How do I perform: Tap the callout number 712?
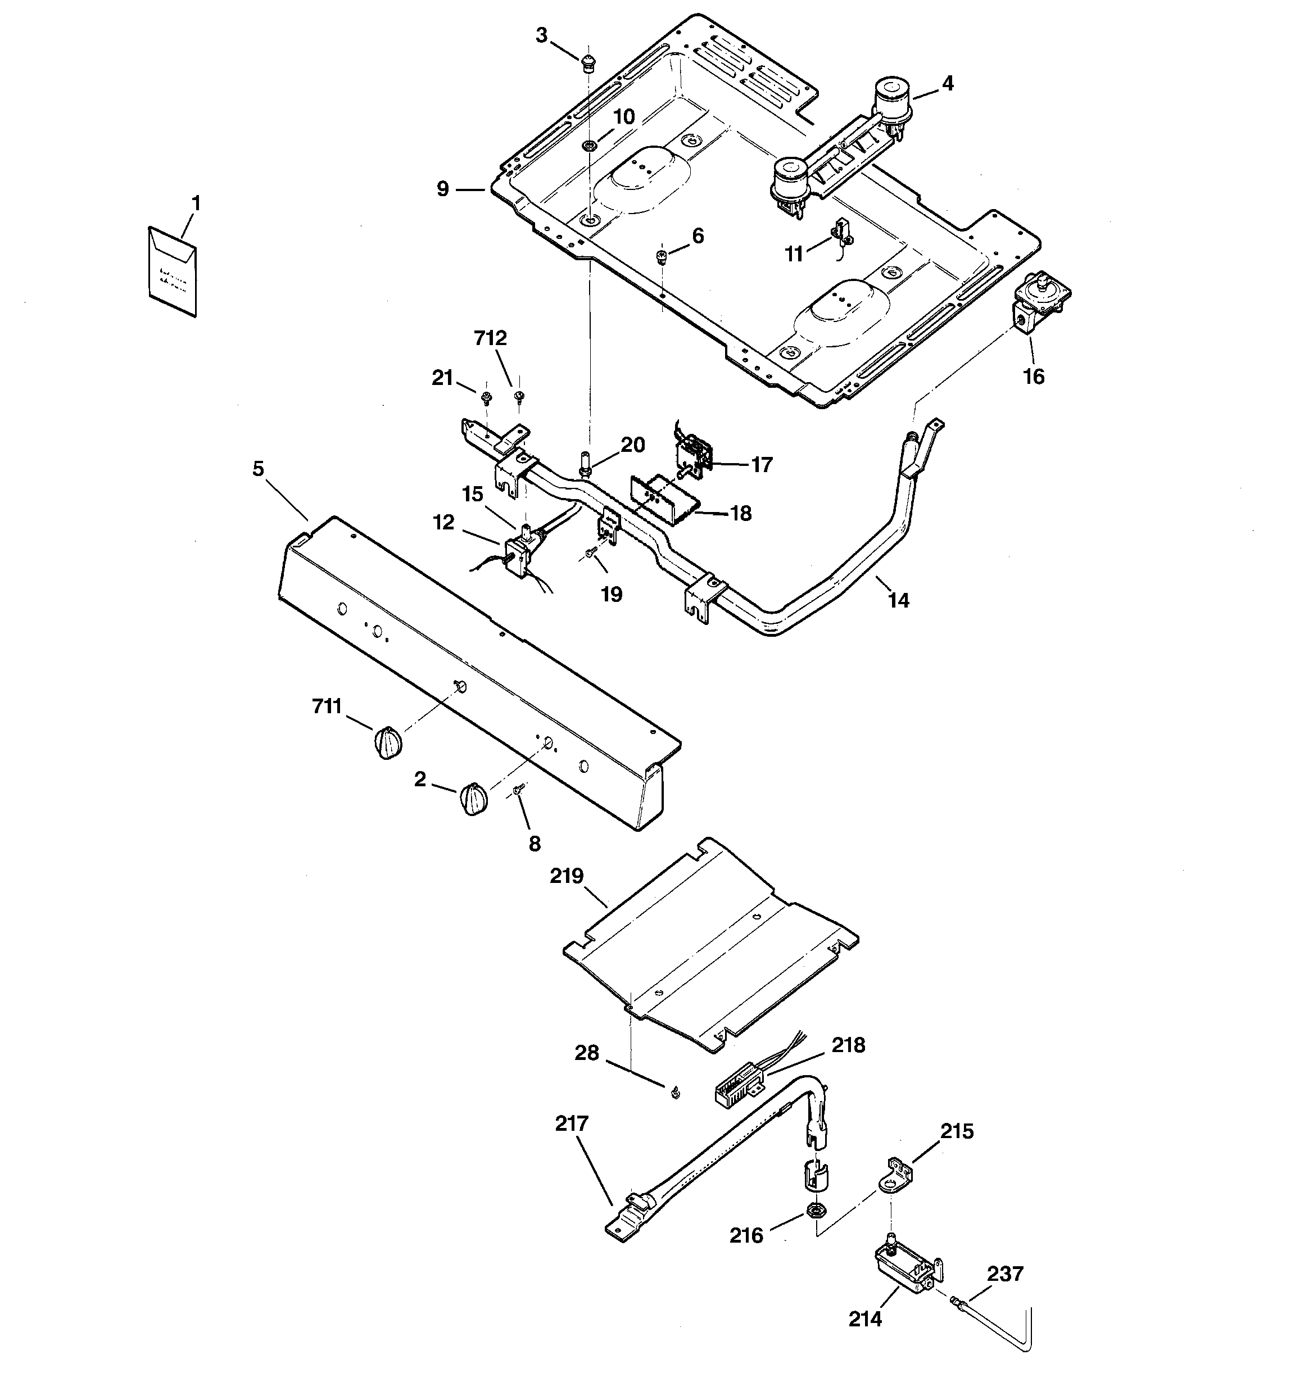pyautogui.click(x=490, y=338)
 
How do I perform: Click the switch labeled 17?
pyautogui.click(x=691, y=454)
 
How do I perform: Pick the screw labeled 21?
pyautogui.click(x=485, y=400)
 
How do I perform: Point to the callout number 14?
pyautogui.click(x=898, y=600)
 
